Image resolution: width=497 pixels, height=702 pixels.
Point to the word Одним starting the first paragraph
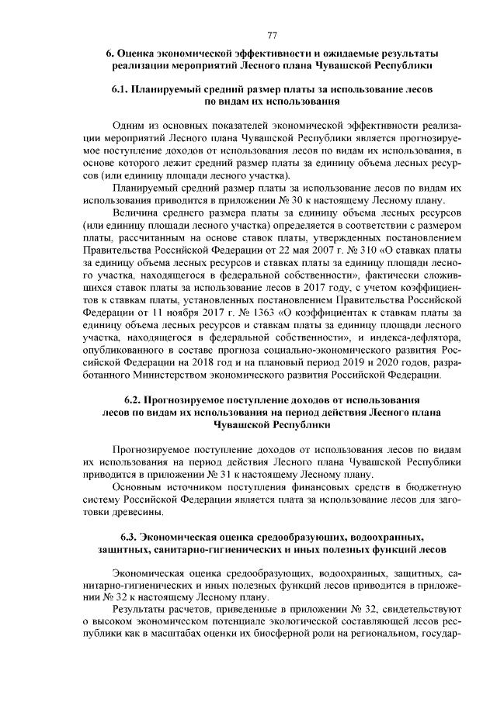pos(129,125)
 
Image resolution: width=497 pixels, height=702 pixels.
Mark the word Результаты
pos(140,623)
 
